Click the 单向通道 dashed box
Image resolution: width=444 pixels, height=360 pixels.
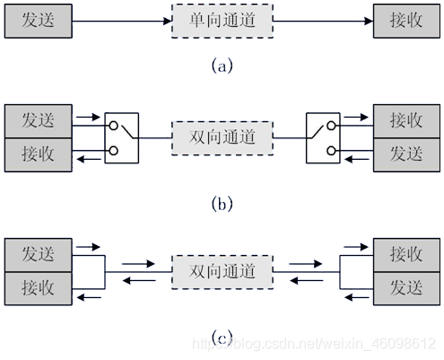[x=222, y=21]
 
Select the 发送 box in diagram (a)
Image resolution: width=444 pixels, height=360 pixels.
[x=39, y=21]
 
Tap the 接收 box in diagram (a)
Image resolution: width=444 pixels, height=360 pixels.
[x=406, y=21]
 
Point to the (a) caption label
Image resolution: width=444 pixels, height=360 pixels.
[x=222, y=66]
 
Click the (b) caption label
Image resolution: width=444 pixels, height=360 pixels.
[x=222, y=204]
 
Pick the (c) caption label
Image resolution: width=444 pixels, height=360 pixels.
[x=222, y=338]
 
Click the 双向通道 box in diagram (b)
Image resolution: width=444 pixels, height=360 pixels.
[x=222, y=138]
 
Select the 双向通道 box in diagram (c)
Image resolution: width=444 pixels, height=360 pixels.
[x=222, y=272]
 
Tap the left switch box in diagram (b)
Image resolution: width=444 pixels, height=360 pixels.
[x=122, y=138]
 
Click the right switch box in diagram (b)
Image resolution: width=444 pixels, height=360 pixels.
[x=323, y=138]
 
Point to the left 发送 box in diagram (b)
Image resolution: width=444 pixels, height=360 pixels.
[x=39, y=121]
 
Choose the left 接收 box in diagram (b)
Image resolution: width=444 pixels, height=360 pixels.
[x=39, y=154]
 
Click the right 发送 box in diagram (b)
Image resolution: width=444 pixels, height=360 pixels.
[x=406, y=154]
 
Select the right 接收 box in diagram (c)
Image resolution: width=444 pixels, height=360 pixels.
[x=406, y=255]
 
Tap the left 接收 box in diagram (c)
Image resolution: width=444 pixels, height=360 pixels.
[x=39, y=288]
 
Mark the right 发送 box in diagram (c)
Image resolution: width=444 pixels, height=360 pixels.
[x=406, y=288]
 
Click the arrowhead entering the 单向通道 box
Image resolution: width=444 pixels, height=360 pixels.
[x=168, y=21]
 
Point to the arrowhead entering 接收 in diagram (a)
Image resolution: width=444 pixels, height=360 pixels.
[x=369, y=21]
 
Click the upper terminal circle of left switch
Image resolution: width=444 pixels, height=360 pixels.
[x=113, y=126]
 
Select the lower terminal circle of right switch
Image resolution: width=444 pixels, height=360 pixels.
[x=331, y=151]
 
